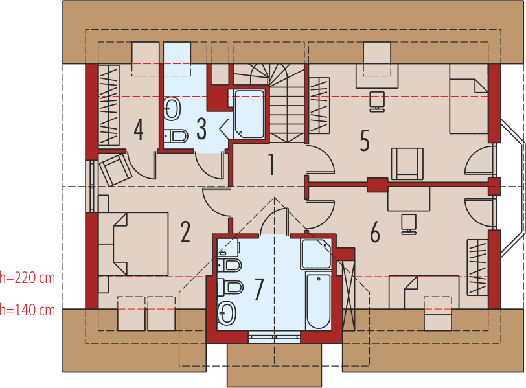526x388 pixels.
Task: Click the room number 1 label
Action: click(271, 165)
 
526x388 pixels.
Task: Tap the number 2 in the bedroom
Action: click(185, 232)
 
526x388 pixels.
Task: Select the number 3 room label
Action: click(201, 129)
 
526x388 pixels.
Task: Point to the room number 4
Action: click(138, 129)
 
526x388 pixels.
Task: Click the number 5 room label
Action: click(365, 139)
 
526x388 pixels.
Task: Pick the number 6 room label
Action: click(374, 232)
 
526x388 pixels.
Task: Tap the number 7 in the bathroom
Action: click(259, 289)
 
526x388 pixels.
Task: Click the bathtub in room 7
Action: click(318, 301)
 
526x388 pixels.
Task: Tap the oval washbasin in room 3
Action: click(172, 109)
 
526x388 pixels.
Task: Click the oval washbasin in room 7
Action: click(227, 314)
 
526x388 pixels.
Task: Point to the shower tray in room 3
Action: click(249, 114)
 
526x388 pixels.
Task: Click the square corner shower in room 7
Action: click(316, 254)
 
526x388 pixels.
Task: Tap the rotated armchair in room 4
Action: click(115, 169)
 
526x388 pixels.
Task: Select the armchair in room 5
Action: click(407, 163)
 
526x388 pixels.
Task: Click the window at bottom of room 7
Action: click(274, 336)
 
